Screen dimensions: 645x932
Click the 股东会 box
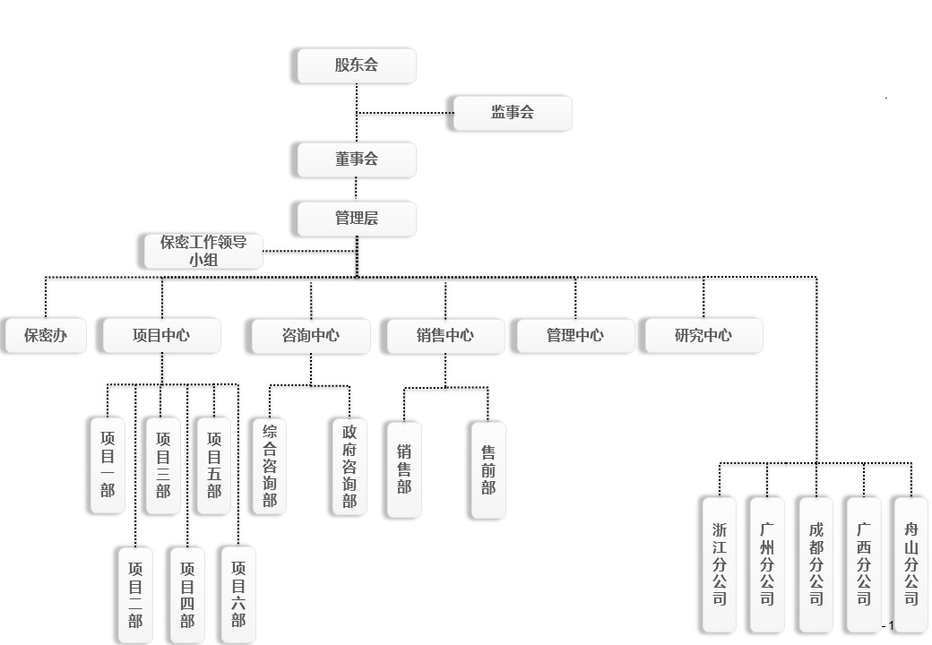click(356, 65)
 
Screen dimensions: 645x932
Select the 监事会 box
click(512, 113)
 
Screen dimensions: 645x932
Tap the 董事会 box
click(356, 159)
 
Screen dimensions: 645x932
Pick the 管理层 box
click(356, 219)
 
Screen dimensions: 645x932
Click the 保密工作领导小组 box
click(203, 251)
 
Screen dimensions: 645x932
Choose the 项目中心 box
click(161, 336)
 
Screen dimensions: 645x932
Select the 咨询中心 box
click(310, 336)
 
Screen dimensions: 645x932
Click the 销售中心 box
click(444, 336)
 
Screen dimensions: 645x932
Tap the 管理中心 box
click(574, 336)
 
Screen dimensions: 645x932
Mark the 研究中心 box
click(703, 336)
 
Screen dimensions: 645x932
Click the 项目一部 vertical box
click(108, 465)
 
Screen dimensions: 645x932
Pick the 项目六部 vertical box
click(238, 593)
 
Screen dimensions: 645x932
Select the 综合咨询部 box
click(269, 466)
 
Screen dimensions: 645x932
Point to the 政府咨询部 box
click(349, 466)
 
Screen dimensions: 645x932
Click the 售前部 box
click(488, 469)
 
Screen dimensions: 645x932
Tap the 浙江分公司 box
click(720, 564)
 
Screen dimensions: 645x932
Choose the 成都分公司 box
click(815, 564)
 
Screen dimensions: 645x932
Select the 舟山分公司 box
click(911, 564)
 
